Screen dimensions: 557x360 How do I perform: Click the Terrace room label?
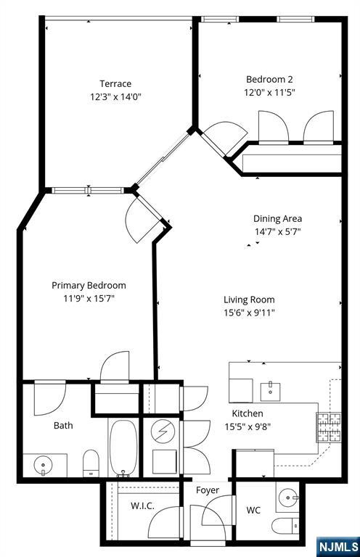click(115, 83)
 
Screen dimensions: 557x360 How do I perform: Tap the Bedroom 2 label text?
click(269, 79)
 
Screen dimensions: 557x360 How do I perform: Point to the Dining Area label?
click(277, 218)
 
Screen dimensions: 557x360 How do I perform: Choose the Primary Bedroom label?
click(88, 285)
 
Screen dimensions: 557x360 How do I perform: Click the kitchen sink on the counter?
click(271, 389)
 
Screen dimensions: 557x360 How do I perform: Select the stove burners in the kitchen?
click(328, 427)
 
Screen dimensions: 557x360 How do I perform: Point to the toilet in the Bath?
click(91, 463)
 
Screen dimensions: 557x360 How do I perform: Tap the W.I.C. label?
click(142, 506)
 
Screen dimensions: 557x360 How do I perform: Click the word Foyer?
click(208, 490)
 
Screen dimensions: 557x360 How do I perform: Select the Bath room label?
click(63, 426)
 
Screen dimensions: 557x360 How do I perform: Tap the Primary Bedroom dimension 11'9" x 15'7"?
click(88, 297)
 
